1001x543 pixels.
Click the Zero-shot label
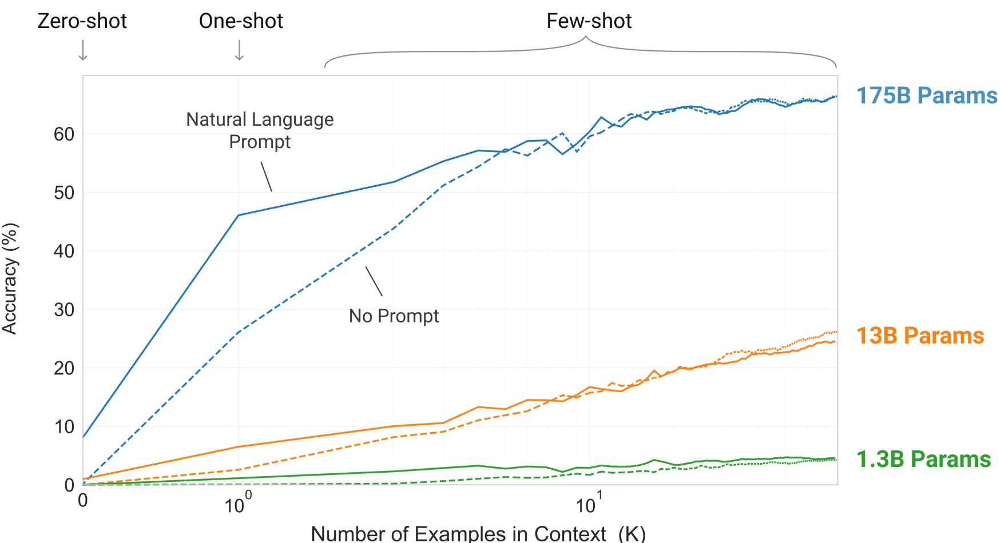(82, 21)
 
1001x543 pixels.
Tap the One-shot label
(241, 21)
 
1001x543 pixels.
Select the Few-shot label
(589, 21)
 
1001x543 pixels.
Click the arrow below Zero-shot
(83, 50)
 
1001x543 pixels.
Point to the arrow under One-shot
(240, 50)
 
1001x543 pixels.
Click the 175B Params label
(926, 95)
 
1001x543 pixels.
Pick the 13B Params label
(920, 336)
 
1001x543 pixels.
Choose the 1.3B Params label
(923, 459)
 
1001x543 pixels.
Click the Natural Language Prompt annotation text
(260, 130)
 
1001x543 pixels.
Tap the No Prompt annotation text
(394, 316)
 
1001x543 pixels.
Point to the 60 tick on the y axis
(64, 134)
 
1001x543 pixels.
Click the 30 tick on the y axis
(64, 310)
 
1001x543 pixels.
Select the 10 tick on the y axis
(64, 426)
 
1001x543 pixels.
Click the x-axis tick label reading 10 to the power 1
(588, 504)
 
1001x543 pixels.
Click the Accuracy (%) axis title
(10, 278)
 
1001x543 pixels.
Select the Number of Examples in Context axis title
(478, 533)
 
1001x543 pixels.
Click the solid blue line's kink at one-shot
(239, 215)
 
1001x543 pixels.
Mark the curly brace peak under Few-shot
(586, 38)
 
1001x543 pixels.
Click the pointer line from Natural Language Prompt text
(266, 177)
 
